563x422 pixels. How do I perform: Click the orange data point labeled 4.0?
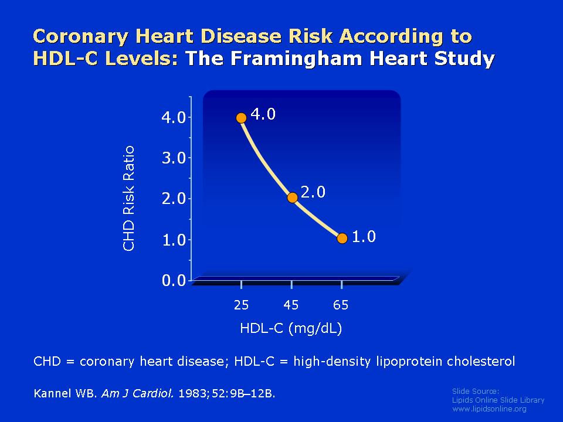click(x=241, y=118)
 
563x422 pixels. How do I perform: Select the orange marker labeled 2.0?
click(x=292, y=198)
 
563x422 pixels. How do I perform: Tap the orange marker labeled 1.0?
click(x=342, y=239)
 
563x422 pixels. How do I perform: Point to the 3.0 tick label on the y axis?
click(x=174, y=158)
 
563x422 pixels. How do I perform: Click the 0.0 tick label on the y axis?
click(x=174, y=280)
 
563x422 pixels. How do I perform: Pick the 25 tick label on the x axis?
click(x=241, y=305)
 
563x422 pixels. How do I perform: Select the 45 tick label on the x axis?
click(x=291, y=305)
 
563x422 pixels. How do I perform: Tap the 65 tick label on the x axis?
click(x=341, y=305)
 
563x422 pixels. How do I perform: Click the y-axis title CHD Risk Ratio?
click(x=128, y=198)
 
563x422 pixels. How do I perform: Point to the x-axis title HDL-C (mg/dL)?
click(x=291, y=328)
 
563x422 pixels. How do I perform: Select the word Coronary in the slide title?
click(x=80, y=37)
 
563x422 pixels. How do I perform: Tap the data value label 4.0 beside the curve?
click(x=263, y=114)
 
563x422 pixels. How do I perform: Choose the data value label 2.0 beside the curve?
click(x=313, y=192)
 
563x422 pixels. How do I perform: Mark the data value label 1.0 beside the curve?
click(x=364, y=237)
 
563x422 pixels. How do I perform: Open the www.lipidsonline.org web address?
click(x=489, y=409)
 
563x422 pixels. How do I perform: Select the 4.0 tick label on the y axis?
click(x=174, y=118)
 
